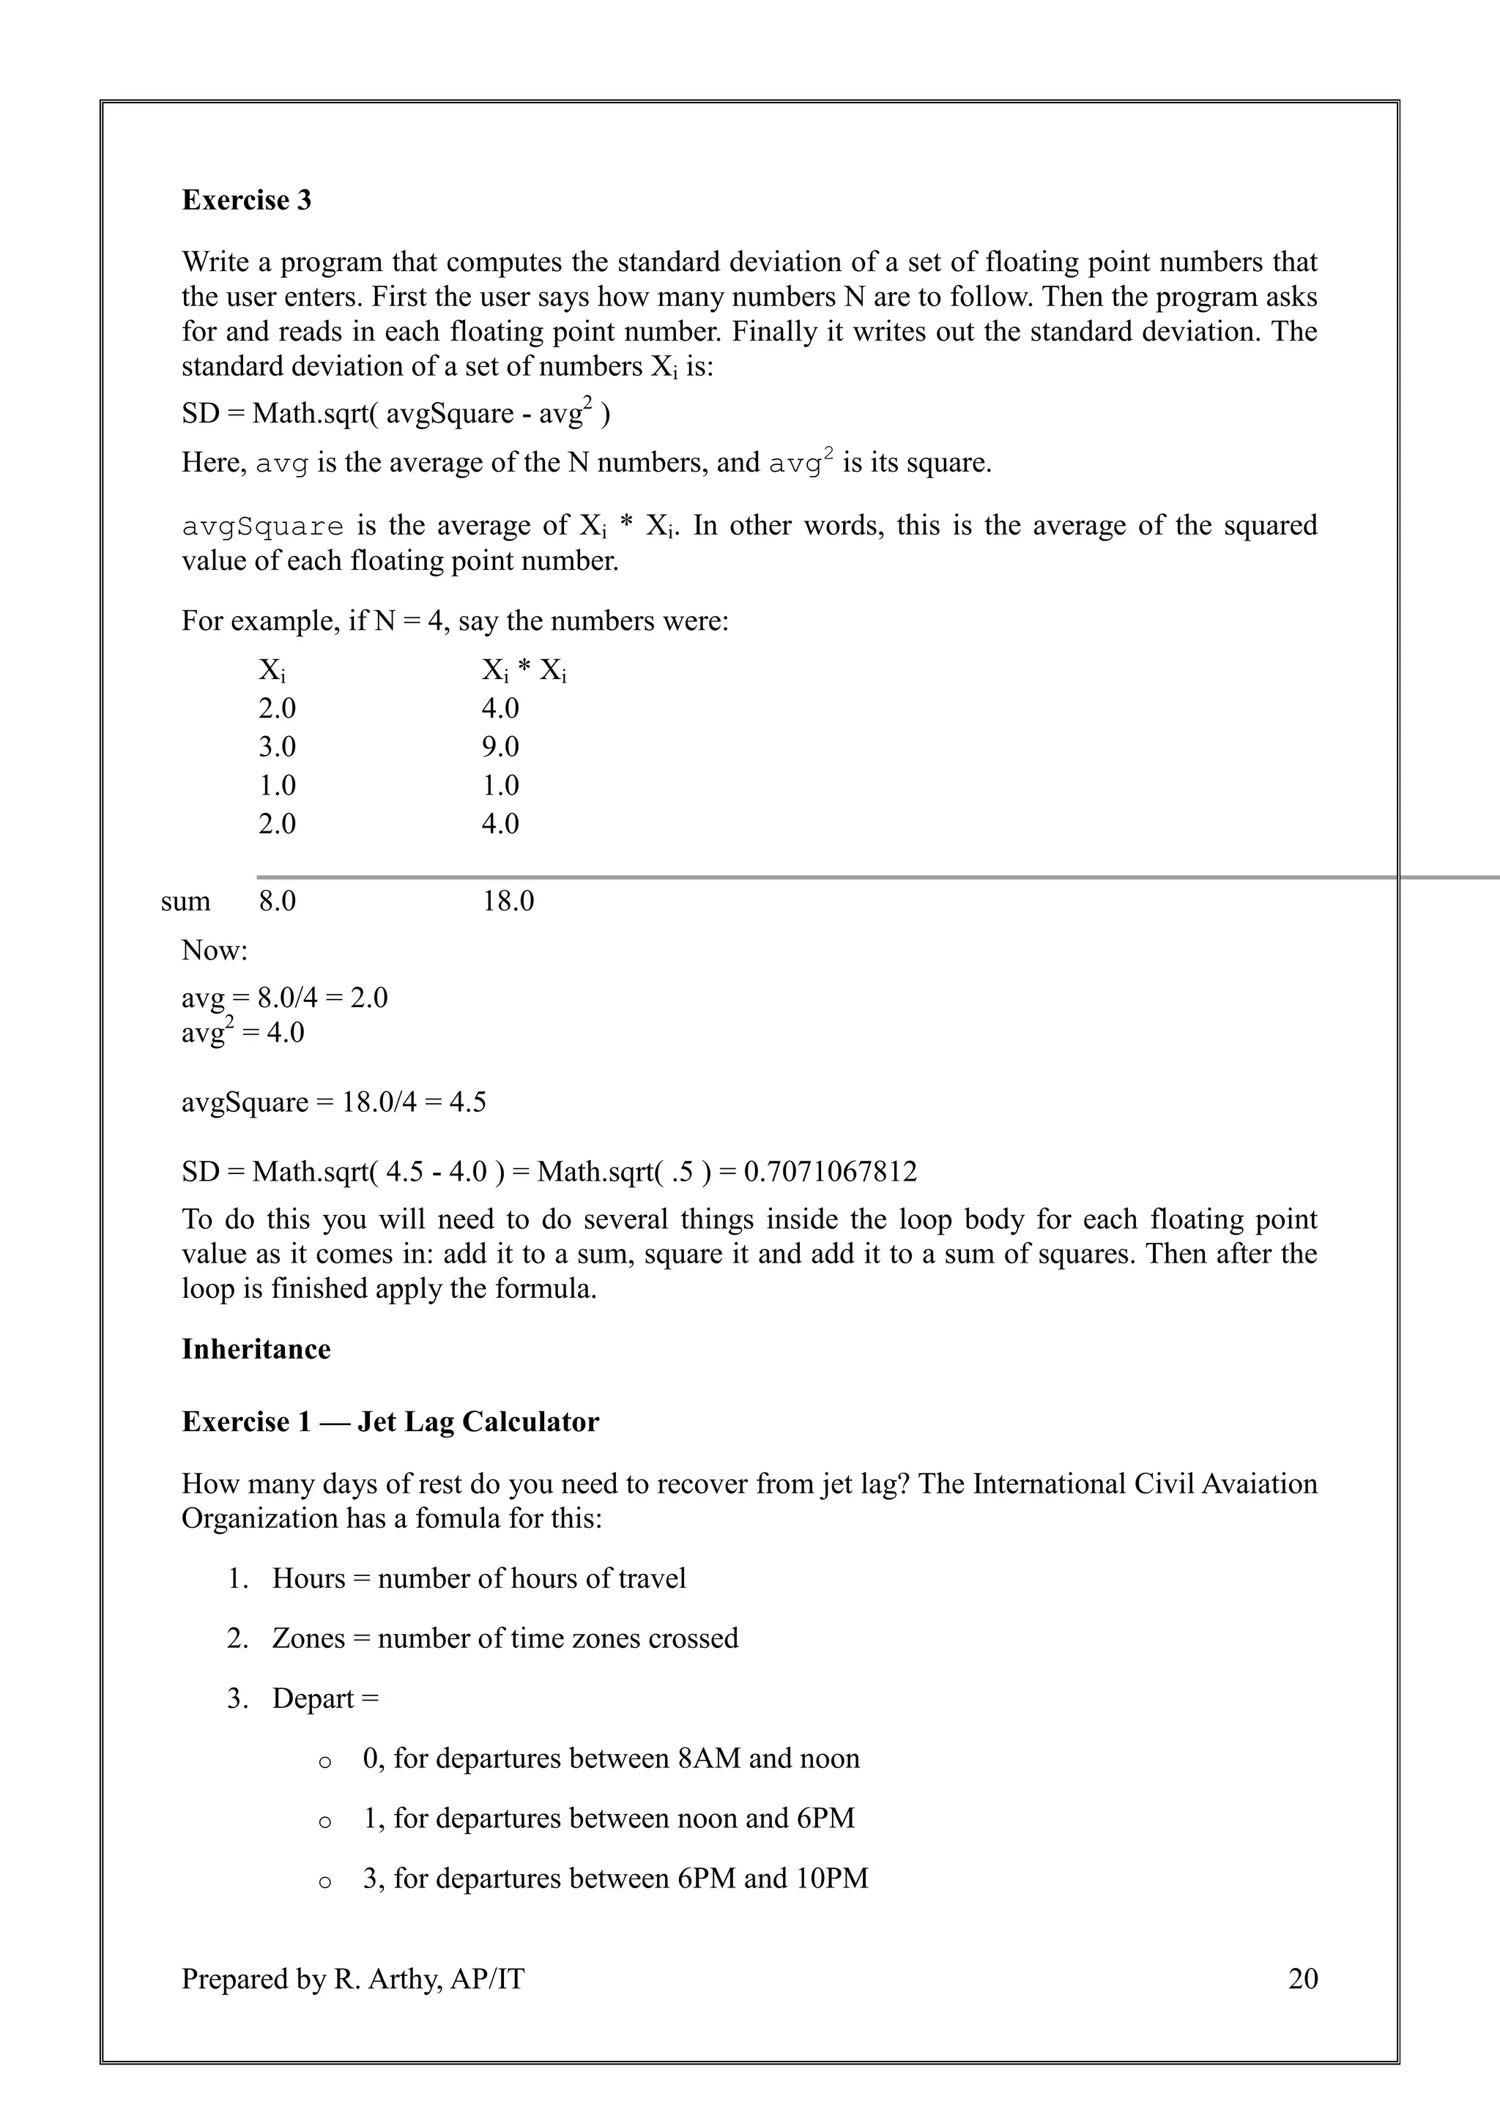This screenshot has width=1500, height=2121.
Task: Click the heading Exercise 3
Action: point(247,201)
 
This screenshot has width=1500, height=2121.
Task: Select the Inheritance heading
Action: point(256,1349)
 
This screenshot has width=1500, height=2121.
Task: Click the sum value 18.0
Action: point(508,901)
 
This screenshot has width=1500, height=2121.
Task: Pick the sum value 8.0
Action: point(277,901)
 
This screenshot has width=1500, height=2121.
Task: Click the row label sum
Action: point(185,902)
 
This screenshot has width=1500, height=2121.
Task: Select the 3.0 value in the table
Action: point(277,746)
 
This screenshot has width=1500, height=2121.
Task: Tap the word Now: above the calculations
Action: point(215,950)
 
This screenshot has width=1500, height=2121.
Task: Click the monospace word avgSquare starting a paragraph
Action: point(262,527)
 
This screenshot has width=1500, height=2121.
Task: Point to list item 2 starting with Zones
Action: point(505,1638)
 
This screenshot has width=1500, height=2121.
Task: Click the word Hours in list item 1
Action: point(308,1578)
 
